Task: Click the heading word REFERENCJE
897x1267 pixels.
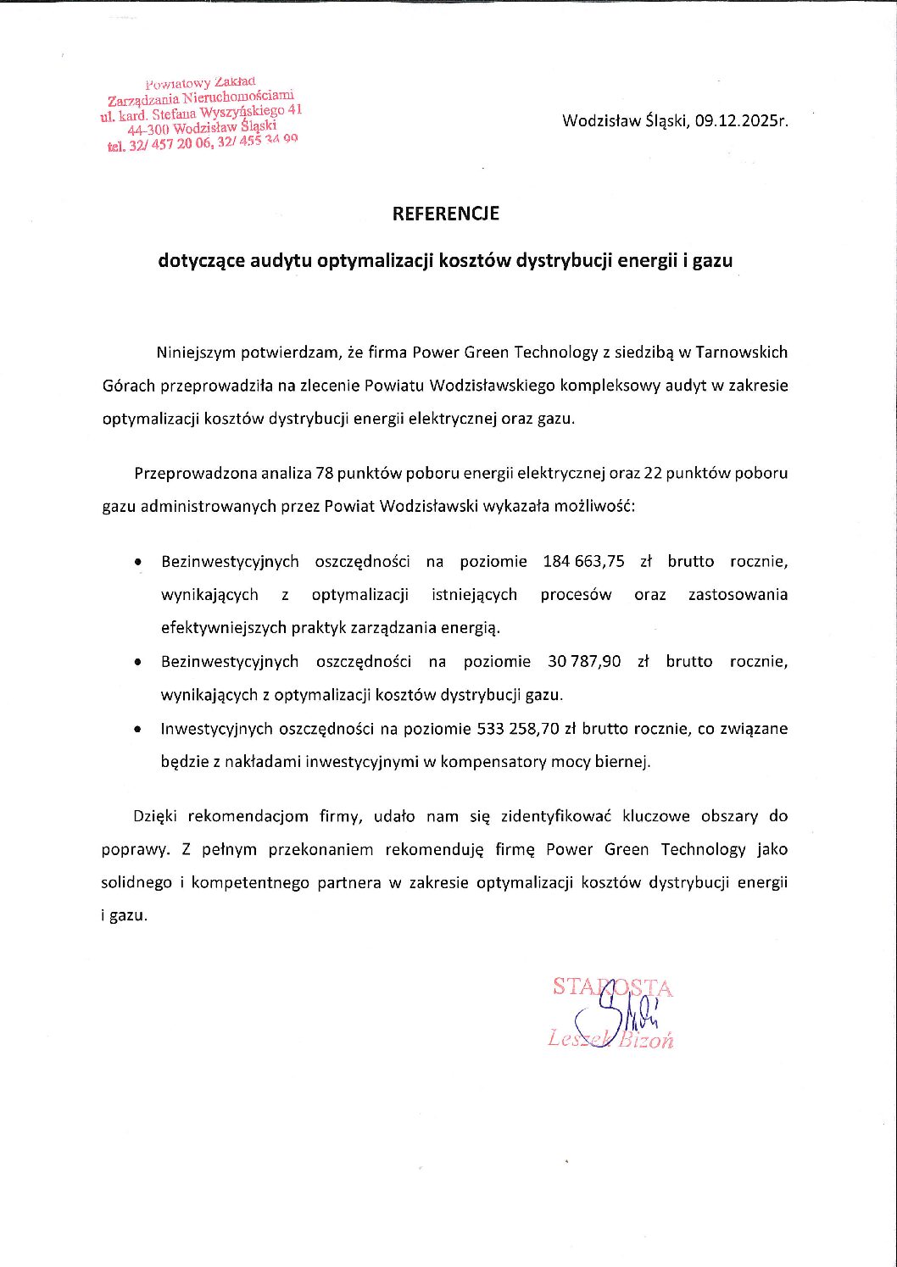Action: pos(445,214)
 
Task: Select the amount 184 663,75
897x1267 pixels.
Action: pos(583,561)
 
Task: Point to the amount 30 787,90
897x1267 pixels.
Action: pos(584,661)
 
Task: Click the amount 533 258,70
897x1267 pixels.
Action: pos(518,728)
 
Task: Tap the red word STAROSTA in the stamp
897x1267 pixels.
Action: pos(612,987)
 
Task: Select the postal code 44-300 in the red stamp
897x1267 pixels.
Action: pos(148,131)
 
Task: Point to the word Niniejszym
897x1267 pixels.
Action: pos(196,353)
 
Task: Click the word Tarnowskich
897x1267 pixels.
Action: pos(742,353)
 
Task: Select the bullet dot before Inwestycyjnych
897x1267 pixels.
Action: pos(137,728)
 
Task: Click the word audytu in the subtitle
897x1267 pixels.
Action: pos(281,261)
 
